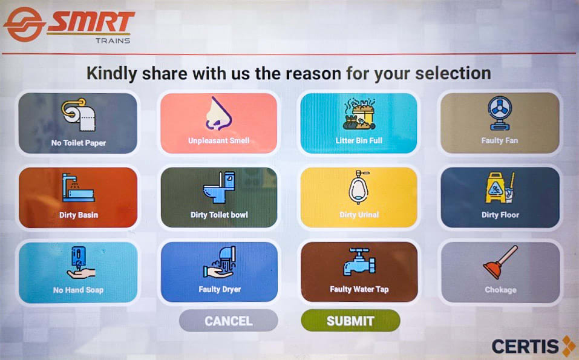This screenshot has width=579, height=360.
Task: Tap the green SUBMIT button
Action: (x=350, y=321)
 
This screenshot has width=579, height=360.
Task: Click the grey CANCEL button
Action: (x=229, y=321)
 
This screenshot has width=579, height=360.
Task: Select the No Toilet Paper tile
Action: (x=78, y=123)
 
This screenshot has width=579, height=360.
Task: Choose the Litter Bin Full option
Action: (x=359, y=123)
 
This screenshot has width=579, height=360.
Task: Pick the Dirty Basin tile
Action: (x=78, y=197)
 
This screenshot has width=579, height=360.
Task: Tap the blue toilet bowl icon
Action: (x=220, y=187)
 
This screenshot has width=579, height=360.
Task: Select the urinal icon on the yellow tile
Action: (x=359, y=187)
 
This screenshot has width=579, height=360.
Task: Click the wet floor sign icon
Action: (x=500, y=188)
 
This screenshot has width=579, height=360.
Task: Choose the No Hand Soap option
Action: (x=78, y=272)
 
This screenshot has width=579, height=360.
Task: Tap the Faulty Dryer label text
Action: (x=220, y=289)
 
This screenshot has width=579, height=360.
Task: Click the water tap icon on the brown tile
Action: (x=359, y=262)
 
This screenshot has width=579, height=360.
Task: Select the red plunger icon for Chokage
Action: (x=500, y=263)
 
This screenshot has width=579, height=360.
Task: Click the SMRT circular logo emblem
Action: (x=24, y=24)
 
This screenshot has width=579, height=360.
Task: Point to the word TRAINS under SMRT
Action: (x=113, y=41)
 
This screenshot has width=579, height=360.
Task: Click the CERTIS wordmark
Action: (x=525, y=346)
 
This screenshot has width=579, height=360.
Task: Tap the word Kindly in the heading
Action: (x=112, y=74)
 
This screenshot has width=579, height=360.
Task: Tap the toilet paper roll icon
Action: (x=78, y=114)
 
